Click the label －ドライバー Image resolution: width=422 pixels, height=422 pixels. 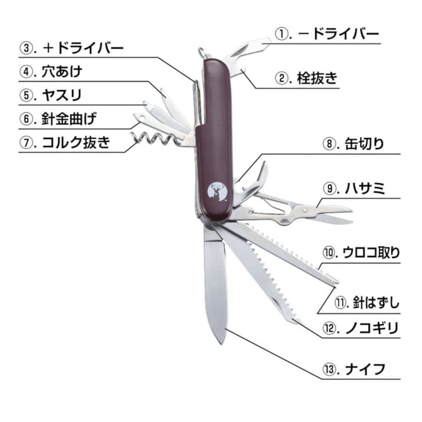[338, 34]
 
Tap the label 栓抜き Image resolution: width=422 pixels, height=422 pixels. [317, 78]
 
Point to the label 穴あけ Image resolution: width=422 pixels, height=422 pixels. [62, 72]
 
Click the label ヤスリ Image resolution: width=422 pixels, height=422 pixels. [61, 95]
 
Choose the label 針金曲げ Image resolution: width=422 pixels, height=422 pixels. [69, 119]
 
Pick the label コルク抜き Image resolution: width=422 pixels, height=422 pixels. [76, 143]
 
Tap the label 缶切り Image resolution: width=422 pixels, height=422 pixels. [364, 144]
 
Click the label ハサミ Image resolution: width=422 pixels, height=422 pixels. [365, 188]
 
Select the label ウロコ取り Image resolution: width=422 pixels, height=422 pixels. [371, 253]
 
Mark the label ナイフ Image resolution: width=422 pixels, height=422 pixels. [365, 369]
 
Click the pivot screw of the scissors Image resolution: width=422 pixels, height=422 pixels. [305, 210]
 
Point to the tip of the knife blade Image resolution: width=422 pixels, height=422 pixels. [221, 345]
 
